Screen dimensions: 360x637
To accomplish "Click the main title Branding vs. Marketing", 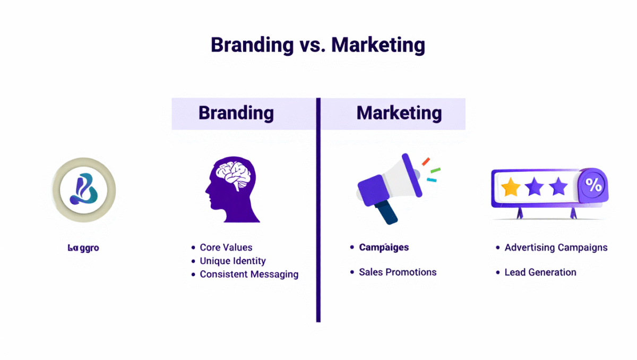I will pos(318,45).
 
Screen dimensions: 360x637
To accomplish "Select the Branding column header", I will pos(236,113).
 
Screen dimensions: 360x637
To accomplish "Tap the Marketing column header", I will pos(399,113).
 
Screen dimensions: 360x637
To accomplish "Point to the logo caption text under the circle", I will pos(83,247).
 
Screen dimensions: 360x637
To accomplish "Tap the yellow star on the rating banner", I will pos(511,187).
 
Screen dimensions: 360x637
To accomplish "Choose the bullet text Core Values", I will pos(226,247).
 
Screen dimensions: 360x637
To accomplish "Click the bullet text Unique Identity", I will pos(233,261).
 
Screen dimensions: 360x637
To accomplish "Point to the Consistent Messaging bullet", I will pos(249,275).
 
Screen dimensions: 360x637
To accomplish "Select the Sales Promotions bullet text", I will pos(398,272).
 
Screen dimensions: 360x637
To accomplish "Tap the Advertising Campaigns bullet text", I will pos(556,247).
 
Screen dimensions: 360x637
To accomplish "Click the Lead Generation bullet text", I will pos(540,272).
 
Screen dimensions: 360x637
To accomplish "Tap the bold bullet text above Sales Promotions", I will pos(384,247).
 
